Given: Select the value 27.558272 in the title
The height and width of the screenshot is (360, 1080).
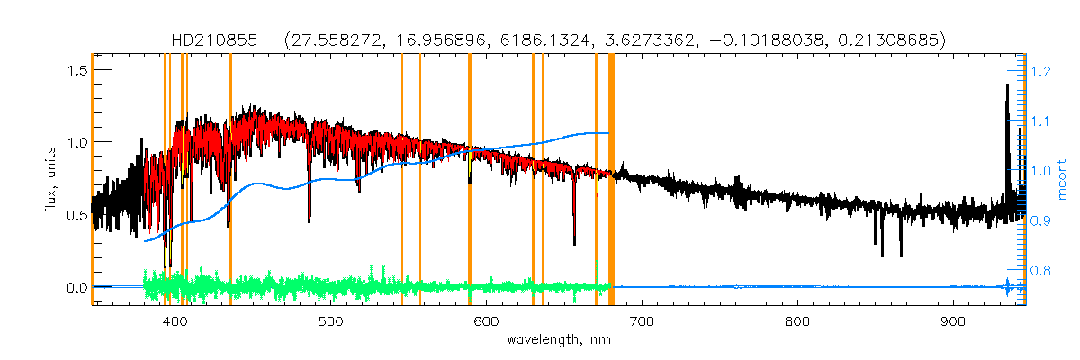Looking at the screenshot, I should (x=329, y=40).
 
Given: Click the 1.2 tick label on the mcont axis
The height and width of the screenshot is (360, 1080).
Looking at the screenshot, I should (x=1041, y=70).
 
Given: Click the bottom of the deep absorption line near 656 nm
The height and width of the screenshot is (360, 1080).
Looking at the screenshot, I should (x=574, y=242).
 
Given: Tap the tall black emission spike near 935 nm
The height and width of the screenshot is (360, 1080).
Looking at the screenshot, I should (x=1007, y=86).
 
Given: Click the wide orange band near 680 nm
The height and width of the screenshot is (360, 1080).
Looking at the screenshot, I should (x=612, y=180).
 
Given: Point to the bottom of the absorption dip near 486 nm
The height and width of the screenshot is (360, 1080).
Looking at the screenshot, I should (x=310, y=220).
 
